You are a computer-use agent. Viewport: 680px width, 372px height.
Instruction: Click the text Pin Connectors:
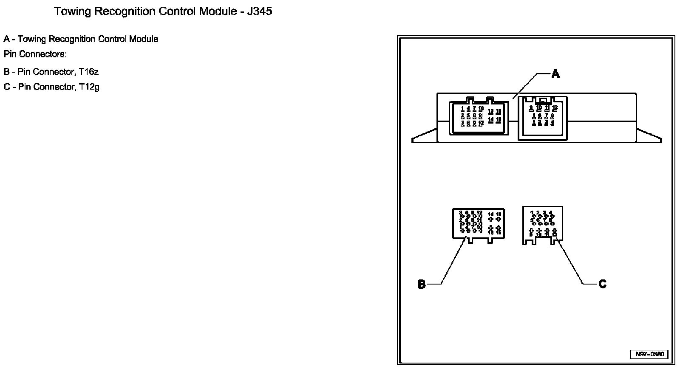pos(35,54)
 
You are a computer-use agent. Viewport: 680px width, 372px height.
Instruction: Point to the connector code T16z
pos(88,72)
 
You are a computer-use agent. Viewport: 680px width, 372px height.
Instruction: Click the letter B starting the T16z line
pos(7,72)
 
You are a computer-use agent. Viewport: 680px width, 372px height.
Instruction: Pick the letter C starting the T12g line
pos(7,87)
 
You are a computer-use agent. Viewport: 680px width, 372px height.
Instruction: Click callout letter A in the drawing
pos(555,74)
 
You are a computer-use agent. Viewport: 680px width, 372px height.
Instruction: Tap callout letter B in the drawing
pos(422,284)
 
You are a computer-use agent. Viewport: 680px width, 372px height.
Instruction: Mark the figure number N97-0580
pos(649,354)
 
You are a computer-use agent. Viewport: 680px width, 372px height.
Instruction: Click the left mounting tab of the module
pos(425,136)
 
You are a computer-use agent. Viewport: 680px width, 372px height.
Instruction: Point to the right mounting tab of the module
pos(649,136)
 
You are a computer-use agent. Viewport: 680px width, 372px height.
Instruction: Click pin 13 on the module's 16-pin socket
pos(491,112)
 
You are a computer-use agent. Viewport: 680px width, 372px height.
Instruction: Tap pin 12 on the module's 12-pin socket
pos(555,108)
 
